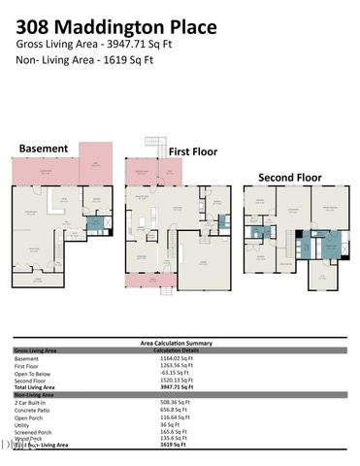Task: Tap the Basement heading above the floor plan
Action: pos(44,149)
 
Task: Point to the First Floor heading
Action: pos(193,151)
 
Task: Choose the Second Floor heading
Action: pos(290,178)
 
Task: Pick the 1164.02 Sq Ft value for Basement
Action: pos(178,359)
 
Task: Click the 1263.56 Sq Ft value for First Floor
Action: pos(178,366)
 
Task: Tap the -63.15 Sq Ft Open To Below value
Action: pos(177,374)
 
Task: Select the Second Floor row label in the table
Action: pos(31,381)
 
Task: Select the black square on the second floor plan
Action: pos(300,234)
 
